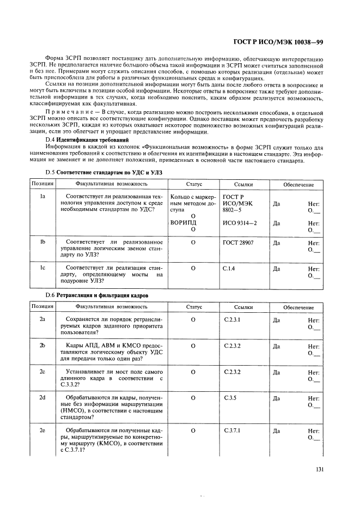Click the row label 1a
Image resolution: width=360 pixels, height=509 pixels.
(x=42, y=196)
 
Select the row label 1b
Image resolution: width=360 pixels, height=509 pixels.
(x=42, y=241)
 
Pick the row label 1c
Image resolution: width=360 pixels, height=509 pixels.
(x=42, y=268)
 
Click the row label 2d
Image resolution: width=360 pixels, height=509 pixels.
(x=42, y=398)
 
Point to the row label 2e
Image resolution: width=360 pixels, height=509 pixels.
(x=42, y=431)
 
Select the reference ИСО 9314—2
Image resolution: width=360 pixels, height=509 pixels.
(x=240, y=223)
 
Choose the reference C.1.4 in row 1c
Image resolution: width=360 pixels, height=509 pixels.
(x=229, y=269)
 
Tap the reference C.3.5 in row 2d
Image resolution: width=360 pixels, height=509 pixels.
(x=229, y=398)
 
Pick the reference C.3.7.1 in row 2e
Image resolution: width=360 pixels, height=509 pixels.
(x=232, y=431)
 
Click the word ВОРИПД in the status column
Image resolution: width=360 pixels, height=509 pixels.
(x=183, y=223)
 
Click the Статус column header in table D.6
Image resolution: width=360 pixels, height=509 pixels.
(x=193, y=307)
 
